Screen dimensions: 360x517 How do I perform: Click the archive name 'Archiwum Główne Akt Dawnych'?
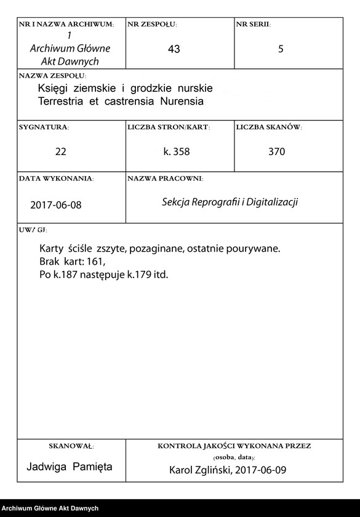coord(69,55)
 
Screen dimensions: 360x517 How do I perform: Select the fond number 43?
coord(174,50)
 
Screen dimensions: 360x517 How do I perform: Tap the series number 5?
coord(281,50)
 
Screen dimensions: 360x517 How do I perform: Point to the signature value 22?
coord(60,151)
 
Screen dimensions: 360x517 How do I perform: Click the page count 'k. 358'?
coord(179,151)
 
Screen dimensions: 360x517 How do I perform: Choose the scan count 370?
coord(277,151)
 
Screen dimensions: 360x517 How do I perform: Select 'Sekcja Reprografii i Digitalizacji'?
coord(230,202)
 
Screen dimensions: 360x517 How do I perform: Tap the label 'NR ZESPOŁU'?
coord(152,25)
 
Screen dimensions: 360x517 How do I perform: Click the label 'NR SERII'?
coord(253,25)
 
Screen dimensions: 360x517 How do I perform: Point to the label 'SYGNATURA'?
coord(44,127)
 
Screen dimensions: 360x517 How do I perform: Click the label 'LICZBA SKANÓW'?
coord(268,127)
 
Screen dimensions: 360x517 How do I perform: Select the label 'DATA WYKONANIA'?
coord(56,178)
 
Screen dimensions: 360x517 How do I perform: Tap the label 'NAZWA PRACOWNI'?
coord(165,178)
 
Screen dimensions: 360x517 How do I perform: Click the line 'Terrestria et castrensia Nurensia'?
coord(120,100)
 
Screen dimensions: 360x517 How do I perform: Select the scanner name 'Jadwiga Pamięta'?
coord(70,467)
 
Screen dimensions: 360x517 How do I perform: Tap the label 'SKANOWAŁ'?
coord(70,446)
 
